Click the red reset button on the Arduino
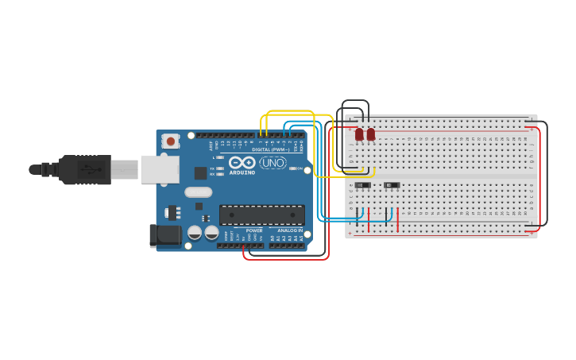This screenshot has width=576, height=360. coord(170,141)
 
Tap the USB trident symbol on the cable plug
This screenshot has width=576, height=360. coord(92,169)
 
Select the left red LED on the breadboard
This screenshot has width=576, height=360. coord(359,134)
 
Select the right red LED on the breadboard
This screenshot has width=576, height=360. coord(371,134)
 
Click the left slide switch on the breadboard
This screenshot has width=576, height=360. coord(362,185)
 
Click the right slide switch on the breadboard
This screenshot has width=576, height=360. coord(392,185)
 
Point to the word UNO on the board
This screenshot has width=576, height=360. coord(273,163)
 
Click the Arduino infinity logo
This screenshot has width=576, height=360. coord(242,162)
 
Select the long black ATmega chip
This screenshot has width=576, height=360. coord(261,215)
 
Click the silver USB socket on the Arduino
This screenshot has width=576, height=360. coord(159,169)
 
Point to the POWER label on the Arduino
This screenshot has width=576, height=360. coord(254,230)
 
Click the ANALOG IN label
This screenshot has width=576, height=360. coord(289,230)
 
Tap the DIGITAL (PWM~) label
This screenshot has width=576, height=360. coord(271,149)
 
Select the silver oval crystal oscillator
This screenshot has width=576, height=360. coord(199,192)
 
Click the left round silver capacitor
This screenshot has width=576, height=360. coord(195,233)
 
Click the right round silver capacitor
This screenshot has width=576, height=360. coord(212,233)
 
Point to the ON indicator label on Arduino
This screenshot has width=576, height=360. coord(300,168)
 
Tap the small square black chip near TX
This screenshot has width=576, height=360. coord(201,172)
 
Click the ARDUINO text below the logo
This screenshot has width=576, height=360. coord(242,172)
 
